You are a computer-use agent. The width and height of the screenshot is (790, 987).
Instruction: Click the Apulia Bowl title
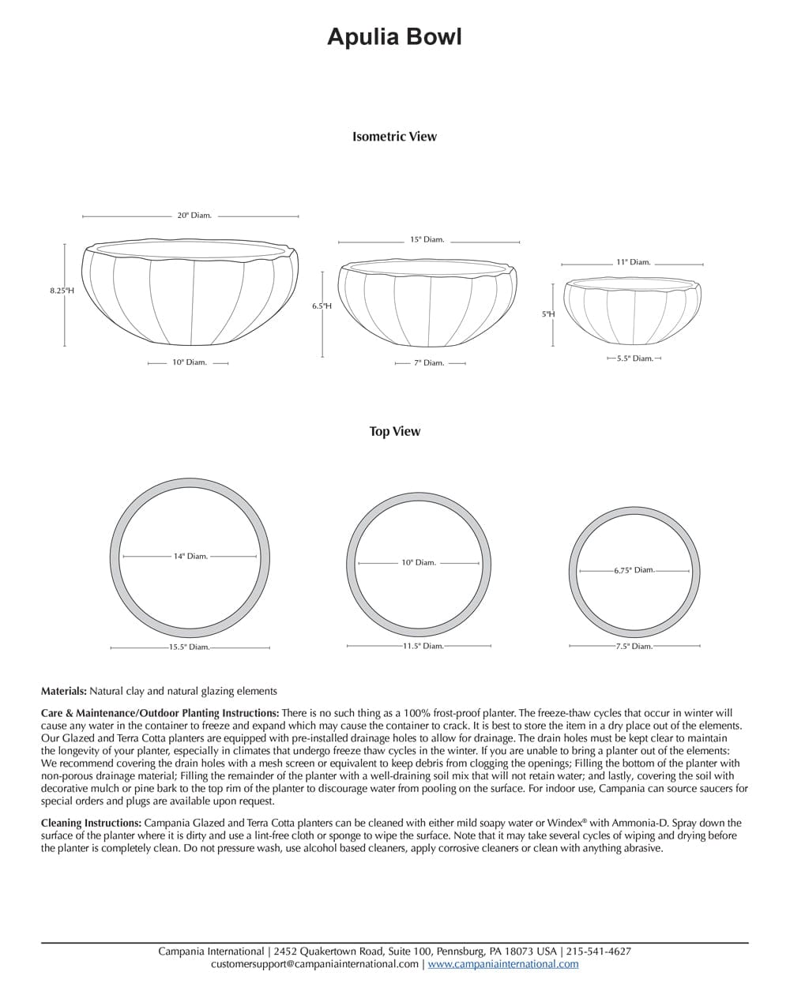tap(394, 37)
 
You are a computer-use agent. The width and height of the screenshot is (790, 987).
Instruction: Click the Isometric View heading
tap(394, 137)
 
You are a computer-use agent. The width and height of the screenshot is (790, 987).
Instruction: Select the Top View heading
tap(394, 431)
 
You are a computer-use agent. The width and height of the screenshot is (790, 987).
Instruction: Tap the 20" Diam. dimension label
tap(194, 215)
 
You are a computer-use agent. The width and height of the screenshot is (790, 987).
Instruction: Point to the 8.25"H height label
tap(62, 291)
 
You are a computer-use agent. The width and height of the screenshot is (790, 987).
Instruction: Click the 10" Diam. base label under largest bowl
tap(189, 362)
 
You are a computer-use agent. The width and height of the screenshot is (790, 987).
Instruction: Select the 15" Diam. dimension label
tap(427, 239)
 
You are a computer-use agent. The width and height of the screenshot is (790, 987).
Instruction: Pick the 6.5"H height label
tap(322, 306)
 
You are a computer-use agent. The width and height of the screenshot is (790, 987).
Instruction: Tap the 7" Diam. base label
tap(430, 362)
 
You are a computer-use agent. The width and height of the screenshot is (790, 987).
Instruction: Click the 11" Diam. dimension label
tap(633, 262)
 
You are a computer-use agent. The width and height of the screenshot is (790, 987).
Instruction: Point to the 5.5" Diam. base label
tap(634, 358)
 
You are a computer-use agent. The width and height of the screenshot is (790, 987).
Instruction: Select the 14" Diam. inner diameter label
tap(190, 556)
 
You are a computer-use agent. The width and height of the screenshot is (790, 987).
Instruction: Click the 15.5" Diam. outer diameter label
tap(188, 647)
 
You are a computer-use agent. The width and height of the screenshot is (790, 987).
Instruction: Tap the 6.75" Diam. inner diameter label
tap(634, 570)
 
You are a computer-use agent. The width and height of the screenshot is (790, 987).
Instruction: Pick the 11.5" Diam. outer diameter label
tap(423, 646)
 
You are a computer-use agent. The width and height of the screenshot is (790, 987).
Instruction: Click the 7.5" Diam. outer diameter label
tap(634, 646)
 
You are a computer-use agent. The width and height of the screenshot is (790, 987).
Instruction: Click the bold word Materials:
tap(63, 691)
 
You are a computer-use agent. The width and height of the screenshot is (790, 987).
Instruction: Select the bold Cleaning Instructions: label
tap(92, 823)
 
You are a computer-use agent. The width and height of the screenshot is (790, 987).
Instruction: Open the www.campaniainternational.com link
tap(502, 963)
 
